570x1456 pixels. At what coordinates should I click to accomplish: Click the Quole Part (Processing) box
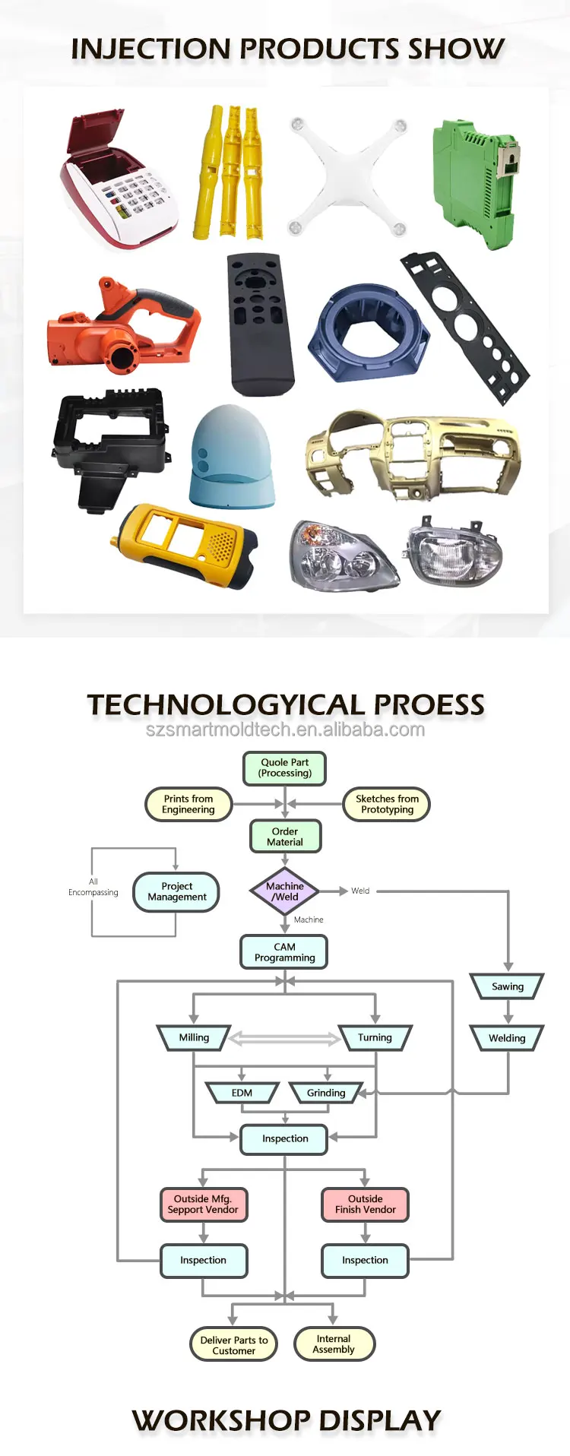click(285, 768)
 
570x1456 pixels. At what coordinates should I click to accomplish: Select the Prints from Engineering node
click(188, 804)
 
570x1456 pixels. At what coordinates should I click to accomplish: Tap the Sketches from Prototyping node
click(387, 804)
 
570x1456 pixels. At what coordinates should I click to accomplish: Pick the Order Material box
click(285, 837)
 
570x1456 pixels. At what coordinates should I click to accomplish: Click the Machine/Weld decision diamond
click(285, 891)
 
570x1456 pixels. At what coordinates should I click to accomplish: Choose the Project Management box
click(176, 891)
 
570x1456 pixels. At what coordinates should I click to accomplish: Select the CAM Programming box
click(284, 952)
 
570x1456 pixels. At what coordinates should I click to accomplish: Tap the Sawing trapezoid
click(508, 986)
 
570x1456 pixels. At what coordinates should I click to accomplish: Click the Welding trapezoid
click(507, 1038)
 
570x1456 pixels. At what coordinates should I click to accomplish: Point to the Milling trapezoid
click(194, 1037)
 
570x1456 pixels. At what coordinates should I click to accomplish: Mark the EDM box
click(242, 1093)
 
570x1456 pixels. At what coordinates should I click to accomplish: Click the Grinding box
click(326, 1093)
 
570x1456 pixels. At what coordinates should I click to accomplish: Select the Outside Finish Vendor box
click(366, 1204)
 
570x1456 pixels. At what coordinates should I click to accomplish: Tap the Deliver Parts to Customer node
click(234, 1345)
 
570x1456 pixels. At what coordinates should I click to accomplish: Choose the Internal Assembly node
click(334, 1344)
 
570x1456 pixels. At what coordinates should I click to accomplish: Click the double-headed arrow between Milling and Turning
click(284, 1038)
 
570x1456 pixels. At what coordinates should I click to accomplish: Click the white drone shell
click(348, 176)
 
